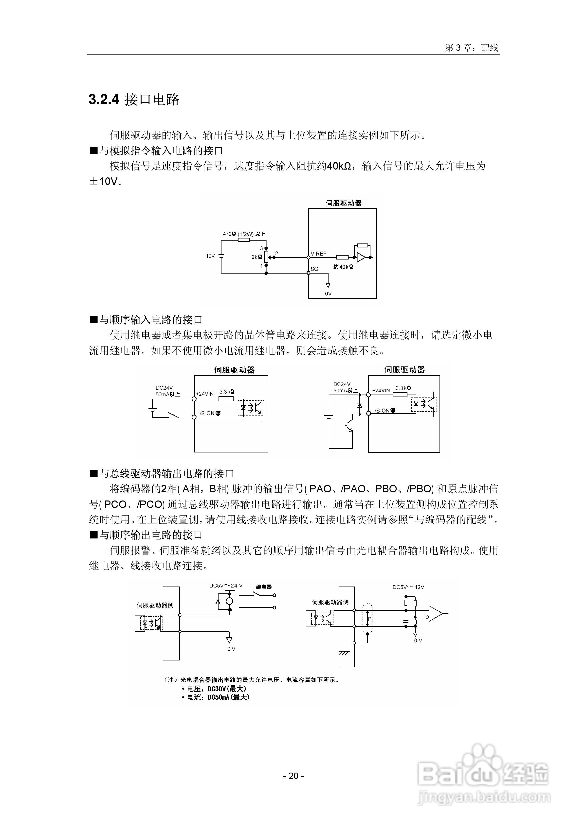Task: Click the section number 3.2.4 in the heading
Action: coord(104,99)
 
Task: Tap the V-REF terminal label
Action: coord(318,254)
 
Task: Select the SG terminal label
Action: coord(314,269)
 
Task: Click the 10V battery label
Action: coord(210,256)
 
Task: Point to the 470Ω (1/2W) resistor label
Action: coord(244,234)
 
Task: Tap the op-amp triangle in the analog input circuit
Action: coord(361,257)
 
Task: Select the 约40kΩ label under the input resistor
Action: coord(343,267)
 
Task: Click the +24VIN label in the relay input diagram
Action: coord(205,394)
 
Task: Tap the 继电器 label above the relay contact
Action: coord(264,587)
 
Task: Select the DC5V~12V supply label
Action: coord(408,587)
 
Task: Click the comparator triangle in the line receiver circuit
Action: coord(435,613)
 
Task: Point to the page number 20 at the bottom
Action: coord(293,776)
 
